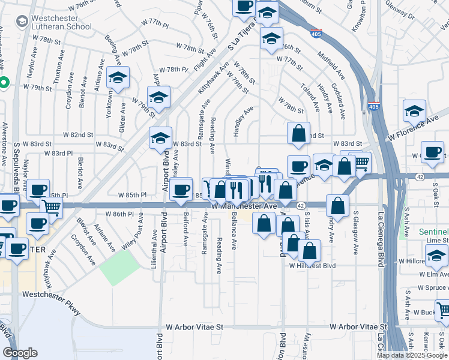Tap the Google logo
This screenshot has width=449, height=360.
tap(20, 353)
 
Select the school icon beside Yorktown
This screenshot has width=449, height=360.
tap(118, 78)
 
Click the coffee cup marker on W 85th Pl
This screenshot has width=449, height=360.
tap(179, 191)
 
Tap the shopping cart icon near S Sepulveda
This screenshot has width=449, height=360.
tap(52, 208)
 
